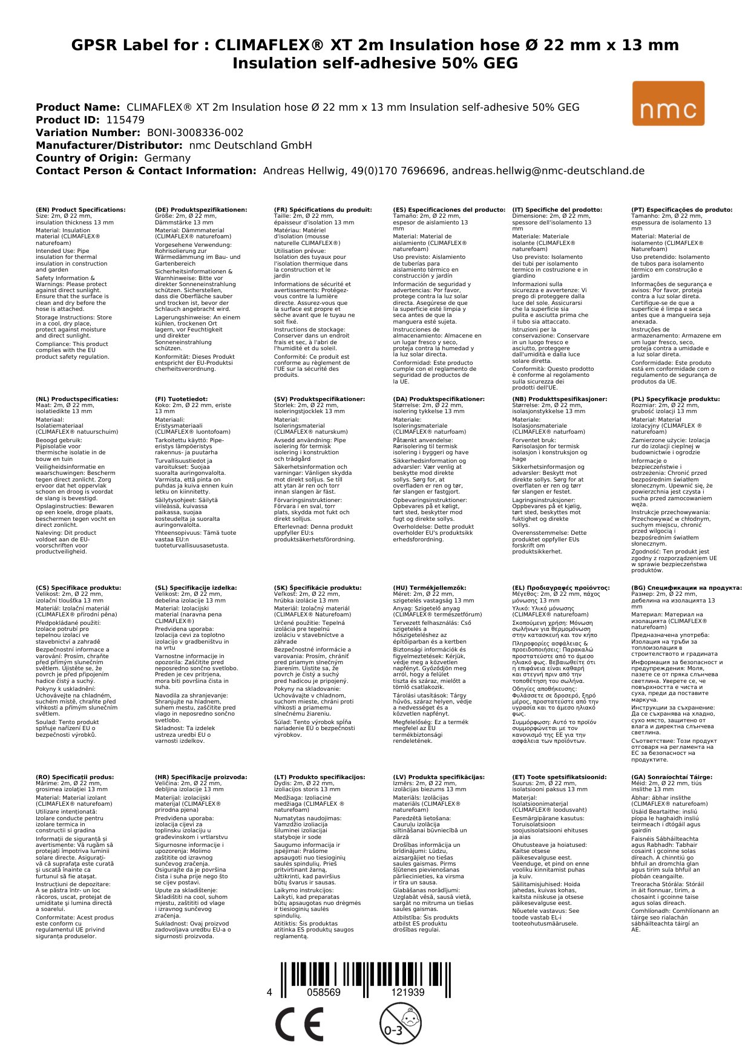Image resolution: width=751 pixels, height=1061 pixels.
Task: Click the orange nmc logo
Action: tap(668, 103)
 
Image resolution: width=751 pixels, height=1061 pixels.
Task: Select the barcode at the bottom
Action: tap(365, 979)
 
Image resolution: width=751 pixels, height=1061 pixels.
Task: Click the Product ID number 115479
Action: tap(125, 120)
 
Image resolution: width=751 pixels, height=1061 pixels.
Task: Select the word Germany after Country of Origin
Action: tap(167, 158)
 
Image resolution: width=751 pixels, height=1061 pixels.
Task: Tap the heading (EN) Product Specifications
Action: tap(80, 210)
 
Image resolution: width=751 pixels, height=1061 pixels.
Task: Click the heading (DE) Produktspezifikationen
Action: tap(201, 210)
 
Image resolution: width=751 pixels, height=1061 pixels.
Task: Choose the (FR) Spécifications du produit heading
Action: tap(323, 210)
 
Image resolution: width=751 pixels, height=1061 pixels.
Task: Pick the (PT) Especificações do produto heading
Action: tap(681, 210)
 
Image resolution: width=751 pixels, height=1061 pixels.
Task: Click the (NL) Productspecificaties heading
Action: tap(77, 399)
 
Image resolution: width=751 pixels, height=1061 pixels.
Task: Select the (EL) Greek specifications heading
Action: tap(561, 587)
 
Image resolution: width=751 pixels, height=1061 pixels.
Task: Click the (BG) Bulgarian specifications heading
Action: tap(686, 587)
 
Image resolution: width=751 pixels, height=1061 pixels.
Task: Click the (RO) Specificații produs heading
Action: tap(74, 777)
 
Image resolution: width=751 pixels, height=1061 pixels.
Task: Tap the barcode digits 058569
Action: tap(324, 993)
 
